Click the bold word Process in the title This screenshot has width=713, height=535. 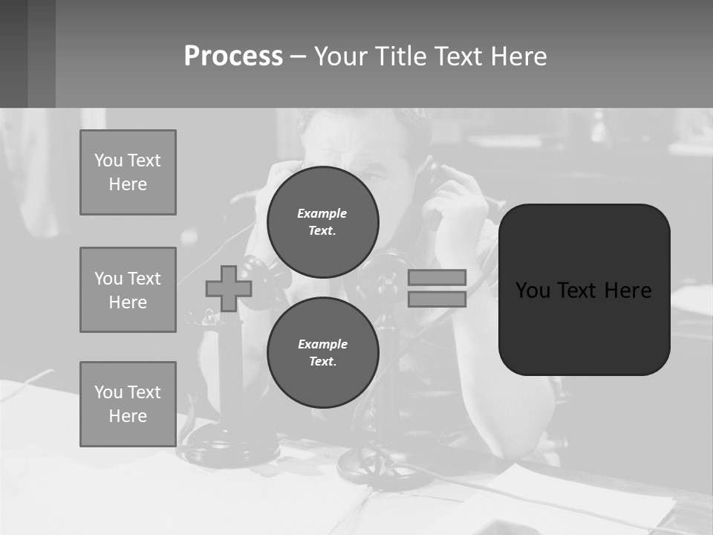coord(233,56)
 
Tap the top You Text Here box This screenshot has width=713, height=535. coord(128,172)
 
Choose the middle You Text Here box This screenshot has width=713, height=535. coord(128,290)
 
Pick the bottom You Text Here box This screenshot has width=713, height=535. coord(128,404)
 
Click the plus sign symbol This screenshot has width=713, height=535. coord(229,289)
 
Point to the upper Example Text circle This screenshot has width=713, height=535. coord(322,221)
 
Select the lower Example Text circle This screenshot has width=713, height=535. coord(322,352)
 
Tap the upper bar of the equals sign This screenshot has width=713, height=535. coord(437,277)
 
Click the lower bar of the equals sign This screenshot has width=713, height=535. coord(437,299)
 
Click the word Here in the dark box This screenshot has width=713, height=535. coord(628,291)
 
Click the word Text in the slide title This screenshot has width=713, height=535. coord(461,56)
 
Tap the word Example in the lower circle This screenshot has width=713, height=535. coord(322,344)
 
